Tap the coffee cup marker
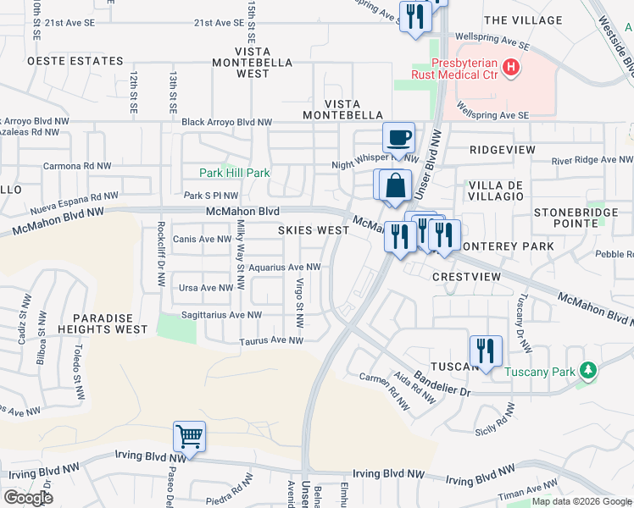click(x=398, y=136)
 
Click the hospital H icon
click(x=509, y=67)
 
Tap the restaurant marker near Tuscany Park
click(x=486, y=351)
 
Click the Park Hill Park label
click(x=235, y=173)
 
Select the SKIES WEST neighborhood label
click(x=314, y=230)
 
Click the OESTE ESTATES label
click(x=75, y=61)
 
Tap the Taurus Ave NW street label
click(x=270, y=341)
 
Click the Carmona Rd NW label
click(x=77, y=166)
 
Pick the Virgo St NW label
click(x=299, y=303)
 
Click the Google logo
click(x=28, y=497)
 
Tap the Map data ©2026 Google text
click(x=581, y=501)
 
